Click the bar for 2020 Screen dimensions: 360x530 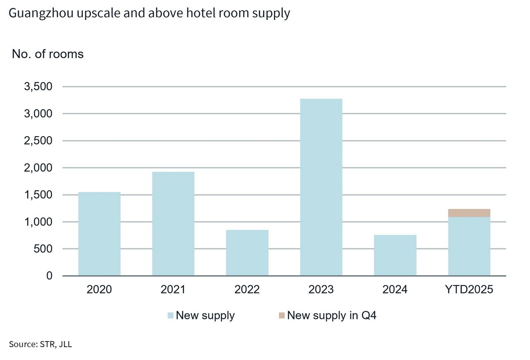tap(99, 234)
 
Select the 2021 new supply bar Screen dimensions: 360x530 tap(173, 223)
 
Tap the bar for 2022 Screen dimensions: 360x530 tap(247, 252)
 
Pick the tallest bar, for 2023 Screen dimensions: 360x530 tap(321, 187)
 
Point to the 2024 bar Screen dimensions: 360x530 tap(395, 255)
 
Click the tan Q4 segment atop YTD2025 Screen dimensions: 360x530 tap(469, 213)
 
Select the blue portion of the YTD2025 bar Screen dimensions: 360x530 tap(469, 246)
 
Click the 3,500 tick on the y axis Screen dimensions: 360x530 tap(39, 87)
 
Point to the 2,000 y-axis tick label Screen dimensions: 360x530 tap(39, 168)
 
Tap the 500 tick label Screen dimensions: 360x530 tap(43, 249)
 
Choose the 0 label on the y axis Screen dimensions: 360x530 tap(50, 276)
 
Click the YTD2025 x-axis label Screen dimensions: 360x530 tap(469, 289)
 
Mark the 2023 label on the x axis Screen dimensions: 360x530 tap(321, 289)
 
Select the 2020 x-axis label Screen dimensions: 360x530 tap(99, 289)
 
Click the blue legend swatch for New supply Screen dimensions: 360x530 tap(171, 316)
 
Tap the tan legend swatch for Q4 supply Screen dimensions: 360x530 tap(282, 316)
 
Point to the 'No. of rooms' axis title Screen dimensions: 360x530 tap(48, 54)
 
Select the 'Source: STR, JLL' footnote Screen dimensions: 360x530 tap(40, 344)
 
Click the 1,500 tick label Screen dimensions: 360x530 tap(39, 195)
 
